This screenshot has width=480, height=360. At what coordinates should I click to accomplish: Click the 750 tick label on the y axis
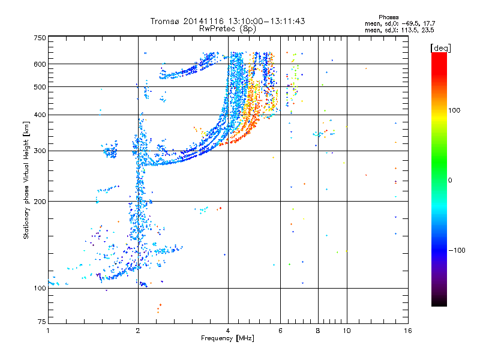pos(40,38)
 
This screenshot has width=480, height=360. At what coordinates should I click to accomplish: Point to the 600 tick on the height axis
pos(40,64)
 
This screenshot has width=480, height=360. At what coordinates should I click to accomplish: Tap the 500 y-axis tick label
pos(40,87)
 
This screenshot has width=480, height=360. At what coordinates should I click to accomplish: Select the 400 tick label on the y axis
pos(40,115)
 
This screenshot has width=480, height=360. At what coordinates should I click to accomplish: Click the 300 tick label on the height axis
pos(40,151)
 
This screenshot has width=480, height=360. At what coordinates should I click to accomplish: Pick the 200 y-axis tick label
pos(40,202)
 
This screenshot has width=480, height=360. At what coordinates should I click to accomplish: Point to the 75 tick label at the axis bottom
pos(41,320)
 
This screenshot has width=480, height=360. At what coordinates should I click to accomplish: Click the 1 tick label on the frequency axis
pos(48,331)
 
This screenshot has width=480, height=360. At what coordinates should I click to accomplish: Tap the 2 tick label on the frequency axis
pos(138,331)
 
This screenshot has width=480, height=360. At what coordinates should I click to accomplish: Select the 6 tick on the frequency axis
pos(280,331)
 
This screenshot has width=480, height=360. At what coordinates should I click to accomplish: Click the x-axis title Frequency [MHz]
pos(227,339)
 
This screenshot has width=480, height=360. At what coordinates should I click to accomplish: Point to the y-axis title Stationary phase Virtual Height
pos(26,179)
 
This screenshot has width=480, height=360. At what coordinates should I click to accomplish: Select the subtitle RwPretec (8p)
pos(227,28)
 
